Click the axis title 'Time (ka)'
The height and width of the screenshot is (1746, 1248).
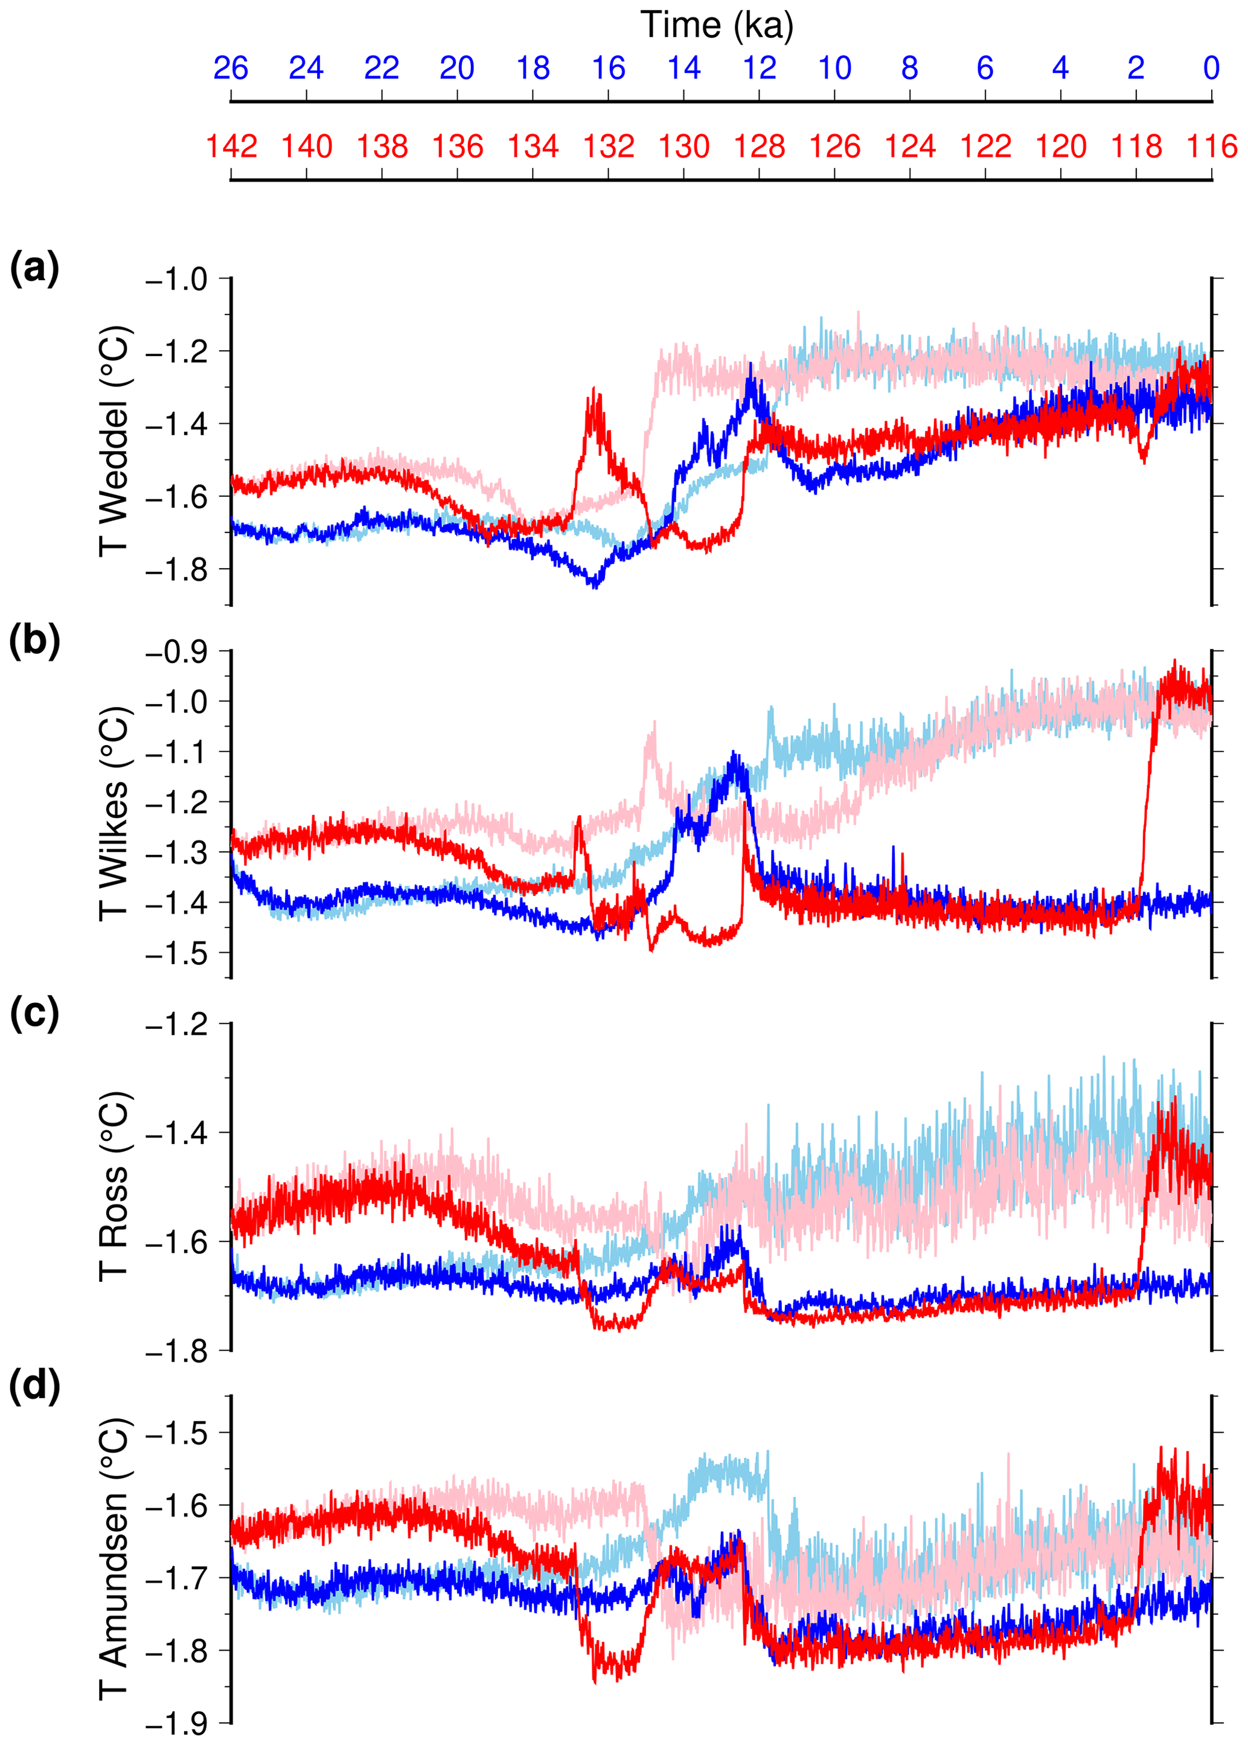click(x=716, y=25)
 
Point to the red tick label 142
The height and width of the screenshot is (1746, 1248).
click(x=231, y=146)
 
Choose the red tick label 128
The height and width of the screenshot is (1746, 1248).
click(x=760, y=146)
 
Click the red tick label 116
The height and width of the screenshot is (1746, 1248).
click(x=1212, y=146)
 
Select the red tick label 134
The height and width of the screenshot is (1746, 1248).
click(x=533, y=146)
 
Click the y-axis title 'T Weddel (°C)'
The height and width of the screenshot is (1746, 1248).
click(x=114, y=441)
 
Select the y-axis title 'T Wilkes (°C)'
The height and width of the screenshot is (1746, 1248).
click(x=114, y=813)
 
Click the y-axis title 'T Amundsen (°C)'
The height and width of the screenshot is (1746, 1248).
click(x=114, y=1560)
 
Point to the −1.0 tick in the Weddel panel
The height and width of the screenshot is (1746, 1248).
click(x=177, y=279)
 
